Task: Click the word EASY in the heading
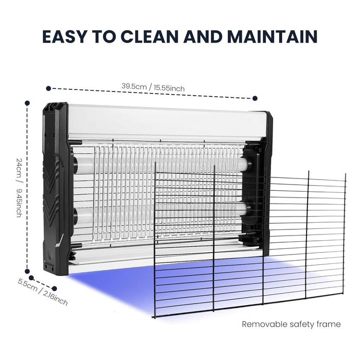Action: pos(65,37)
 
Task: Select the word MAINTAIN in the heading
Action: pos(273,37)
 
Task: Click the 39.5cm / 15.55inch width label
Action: pos(153,87)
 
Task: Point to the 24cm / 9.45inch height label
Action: pos(20,187)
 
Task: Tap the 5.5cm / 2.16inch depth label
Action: pos(43,292)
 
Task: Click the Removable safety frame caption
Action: pos(291,324)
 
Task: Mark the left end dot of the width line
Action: pos(48,88)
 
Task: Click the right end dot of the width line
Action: pos(255,98)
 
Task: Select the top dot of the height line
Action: pos(27,103)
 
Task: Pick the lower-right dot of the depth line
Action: pos(55,289)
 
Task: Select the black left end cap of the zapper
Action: pos(56,188)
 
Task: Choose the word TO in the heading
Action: pos(103,37)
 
